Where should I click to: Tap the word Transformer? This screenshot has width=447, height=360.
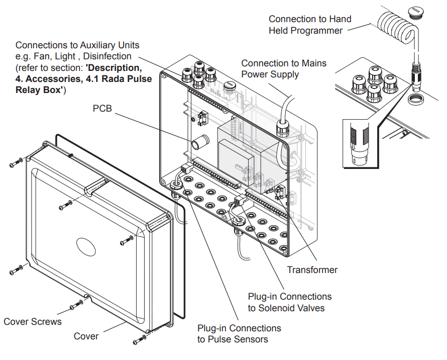(312, 270)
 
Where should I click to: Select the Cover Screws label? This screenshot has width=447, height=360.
(33, 321)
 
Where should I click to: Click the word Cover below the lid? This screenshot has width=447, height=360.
(86, 336)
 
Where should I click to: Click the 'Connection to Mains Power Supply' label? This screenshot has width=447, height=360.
(283, 69)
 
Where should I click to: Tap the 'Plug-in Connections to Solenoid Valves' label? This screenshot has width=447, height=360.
(289, 302)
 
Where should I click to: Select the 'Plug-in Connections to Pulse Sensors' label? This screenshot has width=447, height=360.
(239, 333)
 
